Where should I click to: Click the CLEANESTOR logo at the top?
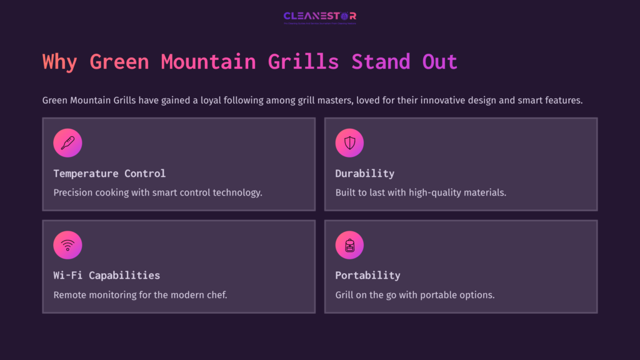coord(319,16)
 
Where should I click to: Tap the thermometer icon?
coord(67,143)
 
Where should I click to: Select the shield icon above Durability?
coord(349,143)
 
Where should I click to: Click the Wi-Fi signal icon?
coord(67,245)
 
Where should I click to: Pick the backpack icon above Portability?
coord(349,245)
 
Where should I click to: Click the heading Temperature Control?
coord(109,173)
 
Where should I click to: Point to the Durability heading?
coord(364,173)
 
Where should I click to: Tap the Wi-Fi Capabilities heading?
coord(106,275)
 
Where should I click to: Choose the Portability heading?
coord(367,275)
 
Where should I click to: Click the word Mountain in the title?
coord(208,62)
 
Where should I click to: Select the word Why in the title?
coord(60,62)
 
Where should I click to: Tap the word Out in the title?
coord(440,62)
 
